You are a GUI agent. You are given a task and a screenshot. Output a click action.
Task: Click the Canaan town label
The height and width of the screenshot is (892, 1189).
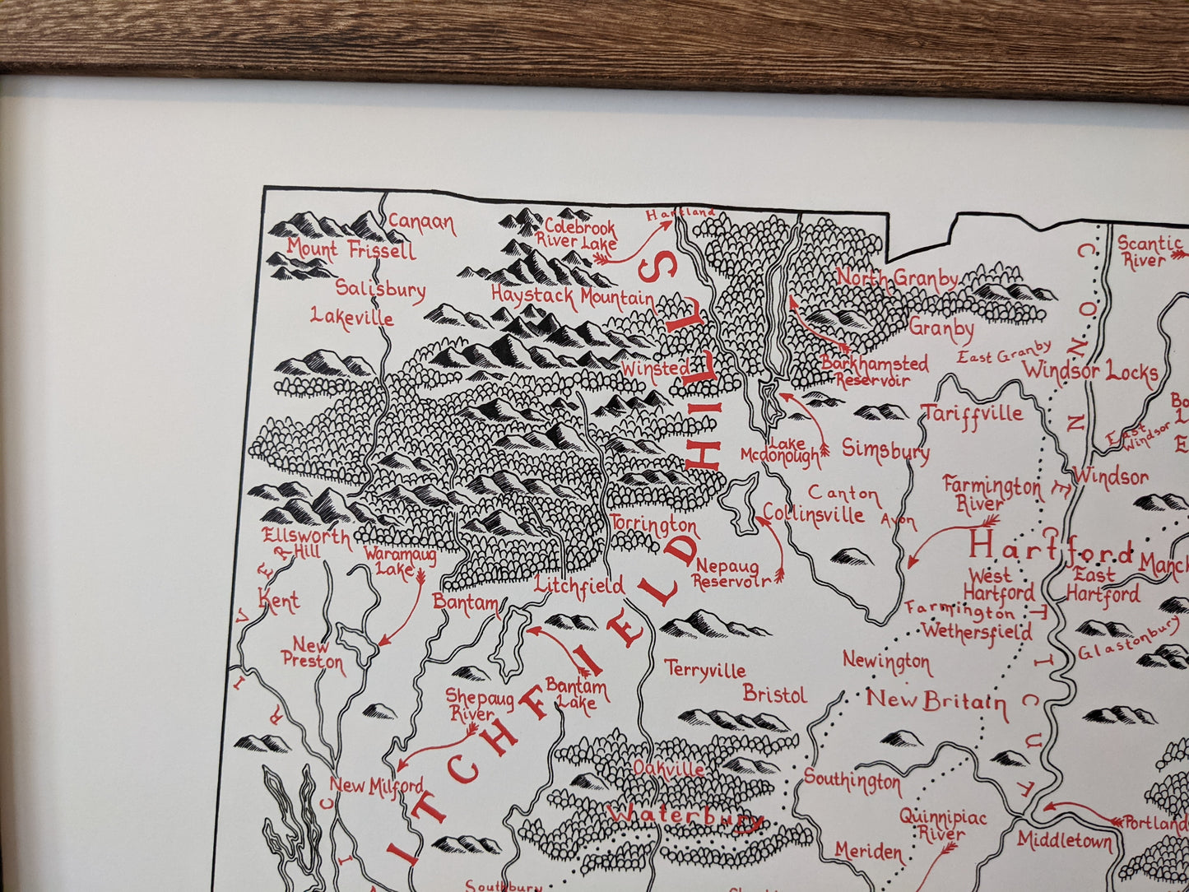click(421, 223)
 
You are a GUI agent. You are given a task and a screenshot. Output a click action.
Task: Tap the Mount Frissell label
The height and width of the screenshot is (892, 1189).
click(351, 249)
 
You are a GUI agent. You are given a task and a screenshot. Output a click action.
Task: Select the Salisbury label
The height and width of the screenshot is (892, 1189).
click(380, 289)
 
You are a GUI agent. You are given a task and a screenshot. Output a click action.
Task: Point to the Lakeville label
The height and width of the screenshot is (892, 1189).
click(352, 317)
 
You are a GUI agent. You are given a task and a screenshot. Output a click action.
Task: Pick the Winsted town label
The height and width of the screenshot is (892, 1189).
click(656, 369)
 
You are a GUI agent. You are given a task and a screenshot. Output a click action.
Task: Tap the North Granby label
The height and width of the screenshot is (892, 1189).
click(897, 278)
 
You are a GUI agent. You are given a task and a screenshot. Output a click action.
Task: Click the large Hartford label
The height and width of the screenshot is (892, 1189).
click(1051, 546)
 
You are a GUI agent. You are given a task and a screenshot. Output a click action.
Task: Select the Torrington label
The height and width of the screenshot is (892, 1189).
click(653, 524)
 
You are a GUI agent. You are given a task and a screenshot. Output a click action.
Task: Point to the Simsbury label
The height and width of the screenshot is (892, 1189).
click(885, 450)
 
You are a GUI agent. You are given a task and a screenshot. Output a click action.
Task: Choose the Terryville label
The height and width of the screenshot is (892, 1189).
click(705, 670)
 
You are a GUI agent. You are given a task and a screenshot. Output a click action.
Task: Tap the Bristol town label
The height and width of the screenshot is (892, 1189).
click(774, 695)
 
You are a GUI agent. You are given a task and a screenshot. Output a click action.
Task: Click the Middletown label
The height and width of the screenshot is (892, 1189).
click(1065, 840)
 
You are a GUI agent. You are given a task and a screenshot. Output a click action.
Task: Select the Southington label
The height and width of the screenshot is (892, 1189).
click(852, 779)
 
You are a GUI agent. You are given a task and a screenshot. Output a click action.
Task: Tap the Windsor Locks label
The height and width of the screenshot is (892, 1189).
click(1090, 371)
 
